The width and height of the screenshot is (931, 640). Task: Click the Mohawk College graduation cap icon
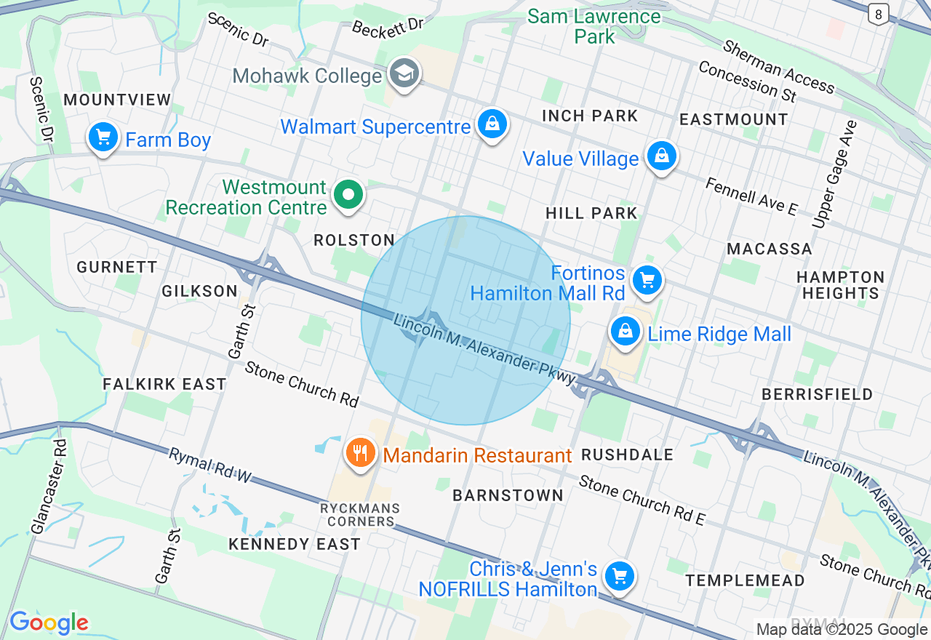click(x=404, y=73)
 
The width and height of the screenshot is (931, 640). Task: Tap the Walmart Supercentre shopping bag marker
click(x=492, y=124)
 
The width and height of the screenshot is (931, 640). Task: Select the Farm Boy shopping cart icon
click(x=103, y=136)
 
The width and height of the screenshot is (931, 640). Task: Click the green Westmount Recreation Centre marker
click(x=348, y=194)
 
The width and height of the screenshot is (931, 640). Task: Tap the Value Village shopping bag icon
click(x=661, y=156)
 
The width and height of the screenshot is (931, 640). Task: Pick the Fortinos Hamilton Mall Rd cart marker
click(x=646, y=280)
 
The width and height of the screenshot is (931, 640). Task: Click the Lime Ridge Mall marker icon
click(x=625, y=332)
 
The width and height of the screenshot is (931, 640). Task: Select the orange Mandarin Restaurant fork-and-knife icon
click(x=359, y=453)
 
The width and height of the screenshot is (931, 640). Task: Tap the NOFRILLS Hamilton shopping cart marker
click(x=619, y=576)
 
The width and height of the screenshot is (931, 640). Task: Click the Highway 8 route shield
click(x=879, y=13)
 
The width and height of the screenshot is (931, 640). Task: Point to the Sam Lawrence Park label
click(x=594, y=25)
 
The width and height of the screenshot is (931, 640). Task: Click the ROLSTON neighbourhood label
click(x=354, y=241)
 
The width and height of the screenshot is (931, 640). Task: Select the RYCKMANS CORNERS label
click(x=361, y=514)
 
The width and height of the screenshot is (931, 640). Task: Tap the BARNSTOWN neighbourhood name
click(x=508, y=495)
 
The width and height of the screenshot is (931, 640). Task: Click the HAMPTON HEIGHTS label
click(x=840, y=285)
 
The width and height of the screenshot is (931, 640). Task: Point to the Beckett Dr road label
click(x=388, y=27)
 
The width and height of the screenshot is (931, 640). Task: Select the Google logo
click(x=49, y=623)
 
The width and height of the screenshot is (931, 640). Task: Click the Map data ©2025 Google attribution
click(x=842, y=630)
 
